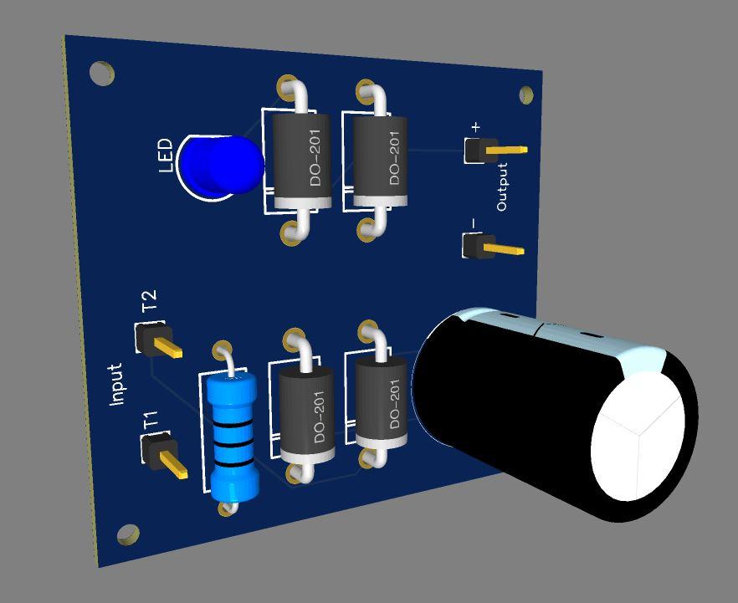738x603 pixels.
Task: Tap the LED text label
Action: click(167, 156)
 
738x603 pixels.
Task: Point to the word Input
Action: click(115, 384)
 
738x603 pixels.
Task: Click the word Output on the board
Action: click(502, 187)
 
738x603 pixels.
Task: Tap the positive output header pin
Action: click(495, 151)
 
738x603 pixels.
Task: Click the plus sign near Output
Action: click(476, 127)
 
